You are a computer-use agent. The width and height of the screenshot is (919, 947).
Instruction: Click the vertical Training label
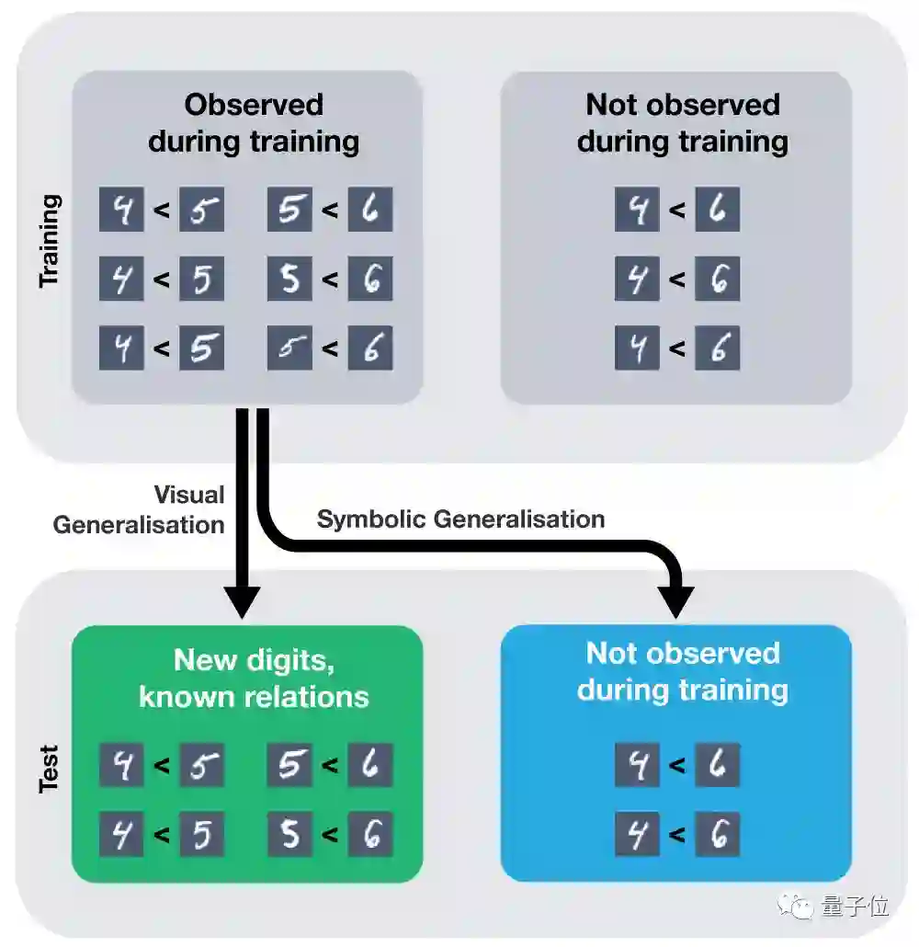50,241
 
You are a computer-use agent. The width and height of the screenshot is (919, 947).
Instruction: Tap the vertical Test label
50,768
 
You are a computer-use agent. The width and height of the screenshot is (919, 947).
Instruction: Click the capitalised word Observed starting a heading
254,105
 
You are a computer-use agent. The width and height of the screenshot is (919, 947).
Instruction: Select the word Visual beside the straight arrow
189,495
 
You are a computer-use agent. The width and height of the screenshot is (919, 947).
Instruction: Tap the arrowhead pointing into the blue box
677,602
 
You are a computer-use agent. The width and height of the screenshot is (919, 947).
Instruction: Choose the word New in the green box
199,659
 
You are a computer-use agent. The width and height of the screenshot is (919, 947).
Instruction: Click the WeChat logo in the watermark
796,906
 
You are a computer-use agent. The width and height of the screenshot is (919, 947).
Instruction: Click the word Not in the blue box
611,654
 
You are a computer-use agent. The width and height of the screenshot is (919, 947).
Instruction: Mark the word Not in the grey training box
611,105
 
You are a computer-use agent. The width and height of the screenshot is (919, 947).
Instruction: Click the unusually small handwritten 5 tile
289,348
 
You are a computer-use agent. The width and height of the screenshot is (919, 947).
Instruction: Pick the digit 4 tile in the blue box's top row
637,765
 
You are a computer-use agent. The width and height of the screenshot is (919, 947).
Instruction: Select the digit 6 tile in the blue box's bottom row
718,835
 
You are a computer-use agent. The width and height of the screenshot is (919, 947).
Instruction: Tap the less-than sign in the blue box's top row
677,765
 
